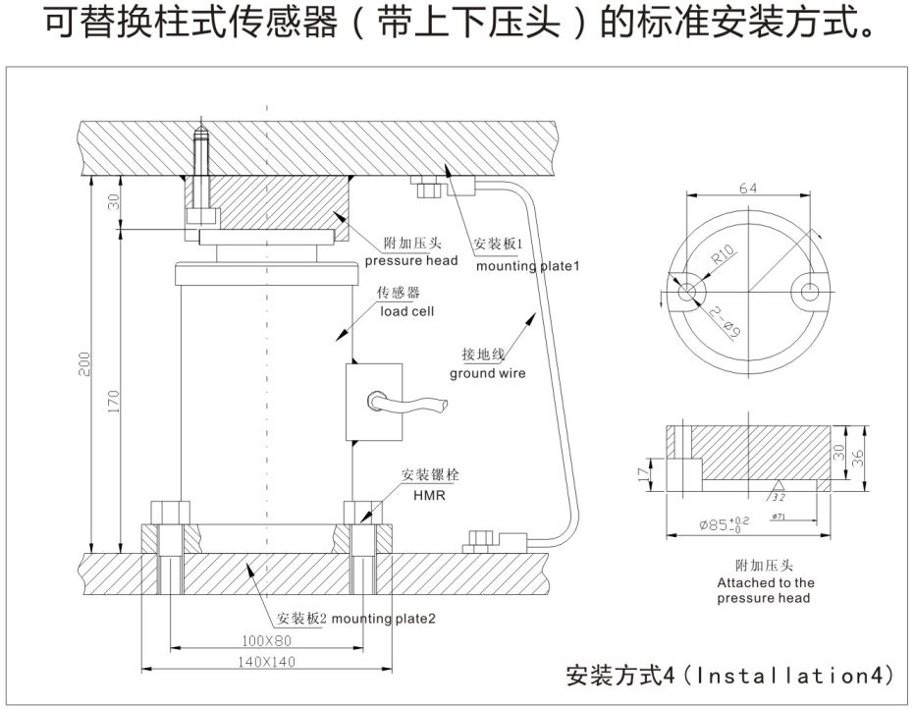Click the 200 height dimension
click(84, 365)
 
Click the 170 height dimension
click(115, 401)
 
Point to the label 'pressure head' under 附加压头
click(411, 260)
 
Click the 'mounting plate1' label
click(529, 265)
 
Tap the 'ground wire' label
click(488, 373)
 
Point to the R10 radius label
click(725, 258)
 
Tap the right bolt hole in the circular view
click(811, 291)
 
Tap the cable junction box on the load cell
click(374, 402)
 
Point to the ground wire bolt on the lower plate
click(481, 541)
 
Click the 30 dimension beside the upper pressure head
click(114, 202)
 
